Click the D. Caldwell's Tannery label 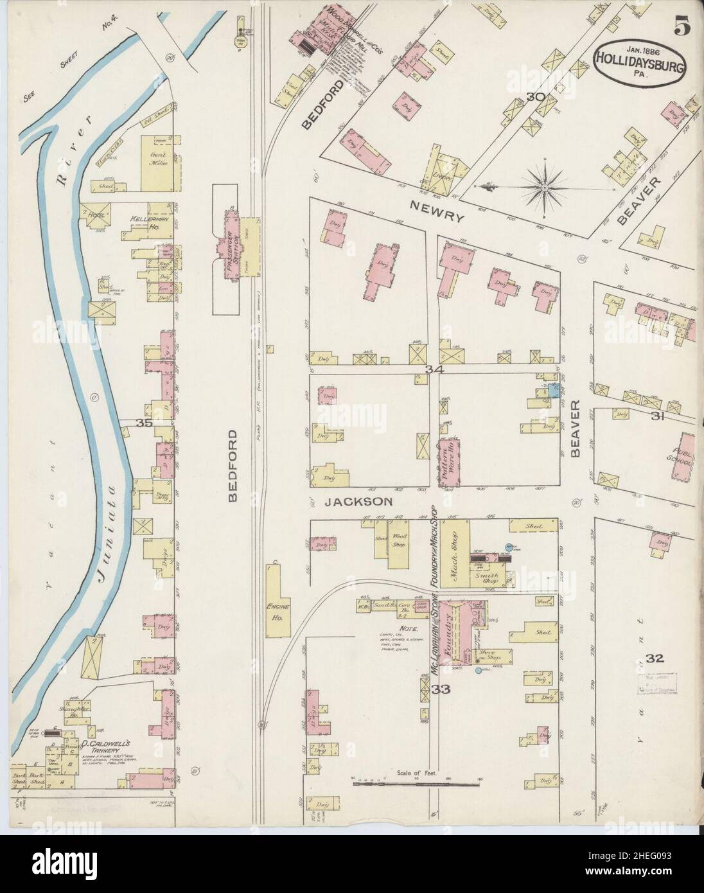coord(97,744)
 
